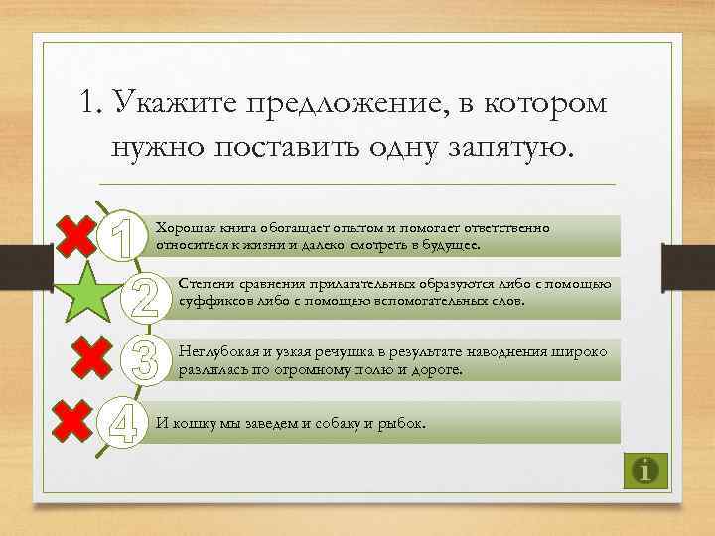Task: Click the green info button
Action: [x=646, y=469]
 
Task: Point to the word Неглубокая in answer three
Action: [x=217, y=352]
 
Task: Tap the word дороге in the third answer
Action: [x=437, y=369]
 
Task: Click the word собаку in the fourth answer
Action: [x=327, y=423]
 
